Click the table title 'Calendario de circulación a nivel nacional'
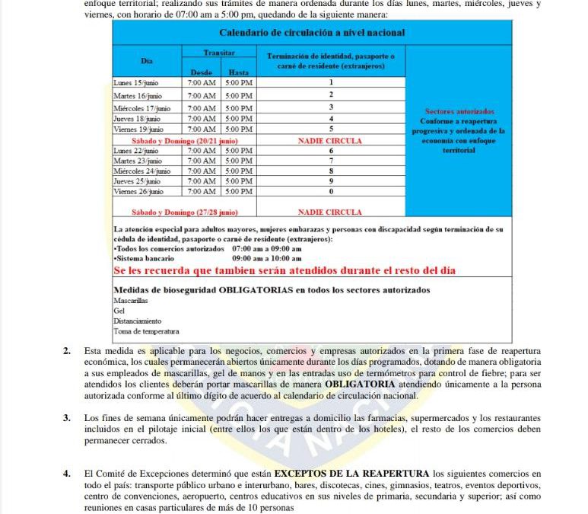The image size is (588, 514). pyautogui.click(x=312, y=33)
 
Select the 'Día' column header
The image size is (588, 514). pyautogui.click(x=147, y=60)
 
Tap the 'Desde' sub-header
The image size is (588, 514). pyautogui.click(x=201, y=71)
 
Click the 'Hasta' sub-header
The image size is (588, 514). pyautogui.click(x=239, y=71)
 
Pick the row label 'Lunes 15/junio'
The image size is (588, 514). pyautogui.click(x=137, y=82)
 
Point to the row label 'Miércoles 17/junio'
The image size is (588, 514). pyautogui.click(x=143, y=108)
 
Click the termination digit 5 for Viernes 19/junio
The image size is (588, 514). pyautogui.click(x=331, y=129)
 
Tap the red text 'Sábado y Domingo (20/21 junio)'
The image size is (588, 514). pyautogui.click(x=185, y=141)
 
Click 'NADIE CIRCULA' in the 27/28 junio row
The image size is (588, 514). pyautogui.click(x=330, y=212)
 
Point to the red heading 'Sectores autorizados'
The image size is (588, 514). pyautogui.click(x=459, y=111)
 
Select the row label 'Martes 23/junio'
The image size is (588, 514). pyautogui.click(x=138, y=161)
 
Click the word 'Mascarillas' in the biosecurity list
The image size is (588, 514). pyautogui.click(x=131, y=302)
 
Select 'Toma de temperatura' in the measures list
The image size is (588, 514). pyautogui.click(x=146, y=331)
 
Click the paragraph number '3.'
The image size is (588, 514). pyautogui.click(x=67, y=418)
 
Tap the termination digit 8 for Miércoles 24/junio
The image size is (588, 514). pyautogui.click(x=331, y=172)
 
